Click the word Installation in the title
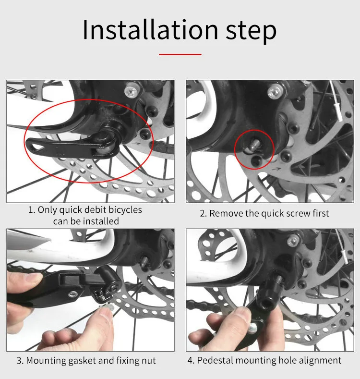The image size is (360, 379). click(150, 30)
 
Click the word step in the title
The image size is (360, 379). click(251, 32)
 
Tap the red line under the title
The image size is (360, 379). click(180, 54)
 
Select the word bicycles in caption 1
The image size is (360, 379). click(125, 210)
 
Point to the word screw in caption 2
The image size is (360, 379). click(297, 214)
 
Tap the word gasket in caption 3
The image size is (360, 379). click(82, 361)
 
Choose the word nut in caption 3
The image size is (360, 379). click(149, 361)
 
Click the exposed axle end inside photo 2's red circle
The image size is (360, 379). click(254, 144)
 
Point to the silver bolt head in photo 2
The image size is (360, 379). click(275, 91)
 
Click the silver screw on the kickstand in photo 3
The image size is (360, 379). click(73, 294)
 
